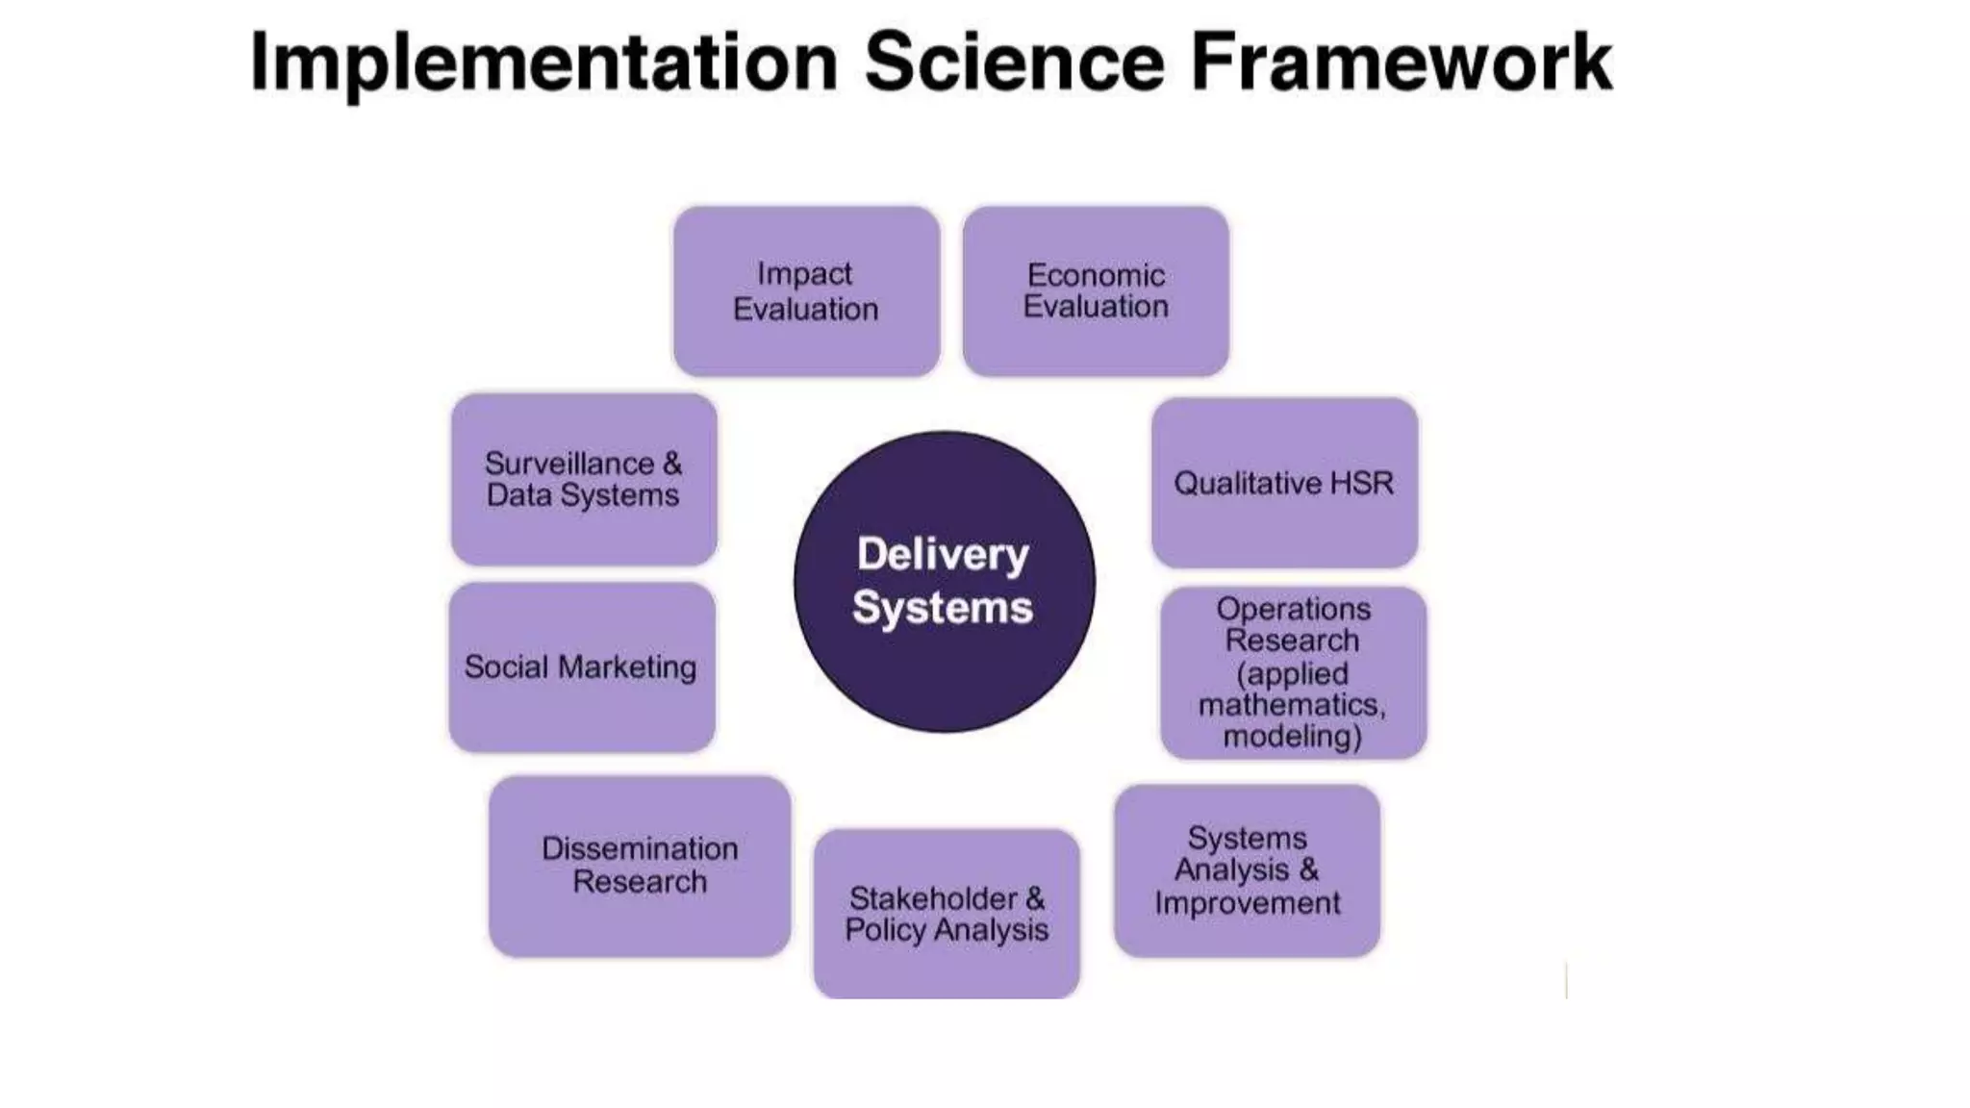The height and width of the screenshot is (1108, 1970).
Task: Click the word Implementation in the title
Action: tap(543, 63)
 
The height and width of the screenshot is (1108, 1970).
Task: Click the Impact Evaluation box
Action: tap(806, 291)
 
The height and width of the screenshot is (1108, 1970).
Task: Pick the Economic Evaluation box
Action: tap(1096, 291)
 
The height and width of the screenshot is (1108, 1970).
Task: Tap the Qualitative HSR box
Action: tap(1284, 483)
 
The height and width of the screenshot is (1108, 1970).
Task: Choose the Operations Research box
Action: tap(1293, 672)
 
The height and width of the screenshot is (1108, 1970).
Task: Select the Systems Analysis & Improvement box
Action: tap(1247, 870)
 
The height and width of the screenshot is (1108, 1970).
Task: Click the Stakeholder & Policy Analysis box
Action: tap(947, 914)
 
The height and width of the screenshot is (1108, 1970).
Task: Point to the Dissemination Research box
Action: tap(640, 866)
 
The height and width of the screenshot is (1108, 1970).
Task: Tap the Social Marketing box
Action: tap(581, 667)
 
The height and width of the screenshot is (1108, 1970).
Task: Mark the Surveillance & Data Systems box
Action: tap(584, 479)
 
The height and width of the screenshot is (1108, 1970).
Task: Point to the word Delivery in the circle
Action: tap(943, 555)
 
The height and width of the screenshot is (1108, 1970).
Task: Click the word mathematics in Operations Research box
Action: tap(1291, 705)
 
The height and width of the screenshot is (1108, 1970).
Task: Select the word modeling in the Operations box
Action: tap(1291, 737)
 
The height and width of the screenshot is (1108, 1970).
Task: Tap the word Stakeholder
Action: tap(932, 898)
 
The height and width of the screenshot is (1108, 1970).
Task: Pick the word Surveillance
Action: tap(569, 464)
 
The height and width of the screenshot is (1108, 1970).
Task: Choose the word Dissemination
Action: tap(640, 848)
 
